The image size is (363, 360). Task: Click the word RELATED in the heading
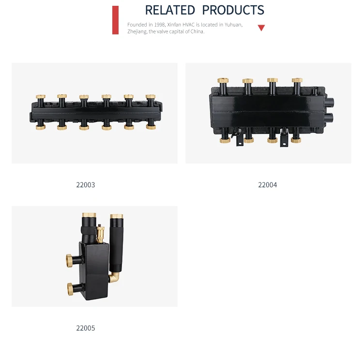click(x=170, y=10)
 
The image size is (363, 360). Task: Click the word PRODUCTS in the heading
click(x=233, y=10)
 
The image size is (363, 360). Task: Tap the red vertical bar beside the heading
click(x=115, y=20)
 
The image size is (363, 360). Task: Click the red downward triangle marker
click(x=261, y=28)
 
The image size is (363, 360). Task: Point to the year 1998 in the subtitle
click(x=160, y=25)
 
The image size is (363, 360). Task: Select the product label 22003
click(x=85, y=185)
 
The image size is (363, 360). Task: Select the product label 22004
click(x=267, y=185)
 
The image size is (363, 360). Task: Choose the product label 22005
click(x=85, y=328)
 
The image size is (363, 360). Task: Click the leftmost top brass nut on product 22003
click(x=41, y=97)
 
